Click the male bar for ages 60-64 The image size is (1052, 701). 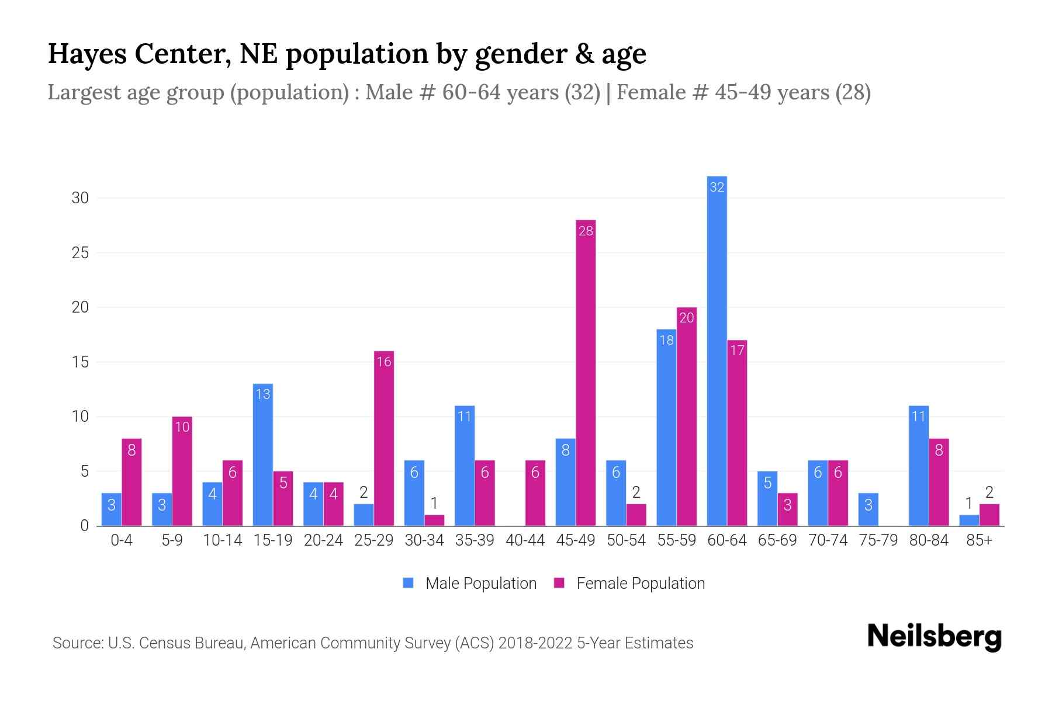click(717, 350)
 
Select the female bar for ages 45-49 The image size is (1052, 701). click(586, 374)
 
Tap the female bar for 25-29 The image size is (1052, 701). click(384, 438)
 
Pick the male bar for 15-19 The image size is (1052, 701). click(263, 456)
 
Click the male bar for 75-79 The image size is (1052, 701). click(868, 509)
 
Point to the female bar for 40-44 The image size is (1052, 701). click(535, 494)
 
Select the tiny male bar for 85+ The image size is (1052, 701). click(969, 520)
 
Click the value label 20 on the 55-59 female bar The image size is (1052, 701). click(687, 318)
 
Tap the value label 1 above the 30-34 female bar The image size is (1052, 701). click(434, 503)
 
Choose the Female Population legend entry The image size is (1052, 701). click(629, 583)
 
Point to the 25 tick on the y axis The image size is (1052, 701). click(80, 253)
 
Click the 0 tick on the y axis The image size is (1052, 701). click(85, 526)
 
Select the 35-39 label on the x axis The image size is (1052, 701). click(475, 540)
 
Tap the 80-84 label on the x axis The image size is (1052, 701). click(929, 540)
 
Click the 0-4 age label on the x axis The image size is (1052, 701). click(122, 540)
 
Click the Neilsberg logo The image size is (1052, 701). click(934, 637)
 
